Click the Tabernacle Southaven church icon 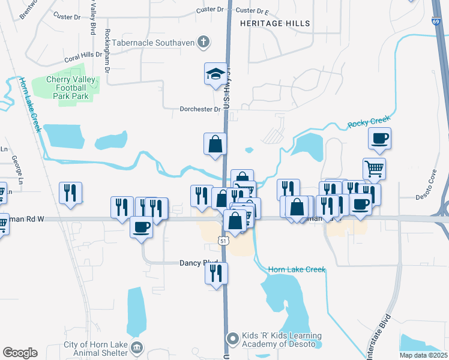click(204, 41)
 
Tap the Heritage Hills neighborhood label click(275, 23)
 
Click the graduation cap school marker click(215, 74)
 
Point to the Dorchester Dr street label click(200, 109)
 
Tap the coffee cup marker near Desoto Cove click(379, 139)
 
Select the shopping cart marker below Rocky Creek click(374, 169)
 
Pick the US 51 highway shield click(223, 241)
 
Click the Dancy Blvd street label click(198, 263)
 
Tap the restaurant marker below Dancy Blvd click(216, 274)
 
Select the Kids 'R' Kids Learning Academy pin click(232, 340)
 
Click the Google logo click(20, 352)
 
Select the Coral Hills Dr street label click(83, 60)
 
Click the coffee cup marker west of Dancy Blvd click(142, 227)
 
